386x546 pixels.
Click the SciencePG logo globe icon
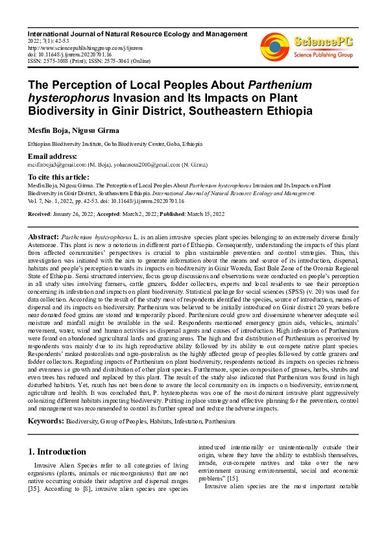pos(275,46)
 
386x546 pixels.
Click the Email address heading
pos(52,156)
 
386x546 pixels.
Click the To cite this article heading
pos(58,177)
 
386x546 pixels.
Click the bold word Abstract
pos(43,237)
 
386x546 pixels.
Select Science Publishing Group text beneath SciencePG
pos(324,54)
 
